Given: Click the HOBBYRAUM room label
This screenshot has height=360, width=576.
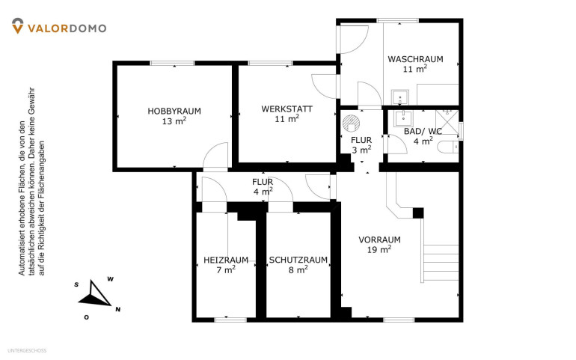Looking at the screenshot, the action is click(174, 111).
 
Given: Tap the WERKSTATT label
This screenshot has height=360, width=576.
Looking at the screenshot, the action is click(287, 109).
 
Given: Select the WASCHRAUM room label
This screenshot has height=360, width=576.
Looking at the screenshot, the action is click(415, 59).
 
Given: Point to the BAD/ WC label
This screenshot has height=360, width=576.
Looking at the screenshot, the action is click(423, 131).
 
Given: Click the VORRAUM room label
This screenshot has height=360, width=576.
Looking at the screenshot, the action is click(379, 240).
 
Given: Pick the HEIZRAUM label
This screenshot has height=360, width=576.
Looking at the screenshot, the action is click(226, 260).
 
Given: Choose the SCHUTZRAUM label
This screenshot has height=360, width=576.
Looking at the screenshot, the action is click(298, 260).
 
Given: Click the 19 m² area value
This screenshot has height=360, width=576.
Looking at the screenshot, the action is click(379, 249).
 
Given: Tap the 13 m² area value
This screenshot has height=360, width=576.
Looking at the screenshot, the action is click(174, 120).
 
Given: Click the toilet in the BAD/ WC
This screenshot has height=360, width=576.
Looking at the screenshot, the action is click(448, 147).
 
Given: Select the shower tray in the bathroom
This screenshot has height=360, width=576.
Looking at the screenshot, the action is click(447, 122).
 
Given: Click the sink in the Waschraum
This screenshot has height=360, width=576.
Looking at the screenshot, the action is click(399, 97).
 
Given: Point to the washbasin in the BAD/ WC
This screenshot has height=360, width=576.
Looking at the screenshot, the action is click(403, 118).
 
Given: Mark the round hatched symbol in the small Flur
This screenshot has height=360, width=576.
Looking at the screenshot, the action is click(350, 123).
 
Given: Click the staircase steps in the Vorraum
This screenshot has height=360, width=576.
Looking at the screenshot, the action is click(441, 263).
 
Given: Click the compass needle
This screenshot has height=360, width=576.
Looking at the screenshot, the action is click(94, 295).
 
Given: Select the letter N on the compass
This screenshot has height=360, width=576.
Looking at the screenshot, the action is click(118, 310).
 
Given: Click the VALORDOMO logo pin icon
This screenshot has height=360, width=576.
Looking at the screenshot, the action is click(18, 26).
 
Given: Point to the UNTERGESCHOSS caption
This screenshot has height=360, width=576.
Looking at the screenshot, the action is click(27, 351).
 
